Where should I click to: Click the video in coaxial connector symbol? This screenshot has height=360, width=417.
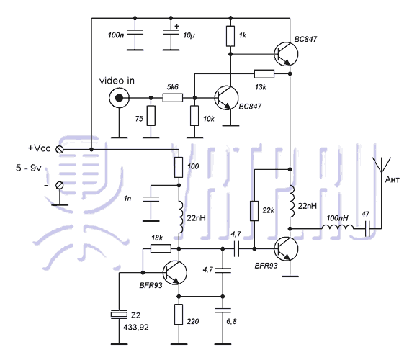point(119,98)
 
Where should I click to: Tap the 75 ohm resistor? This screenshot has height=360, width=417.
point(151,116)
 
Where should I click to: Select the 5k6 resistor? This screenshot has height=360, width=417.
point(173,98)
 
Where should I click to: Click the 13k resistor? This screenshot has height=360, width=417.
point(264,74)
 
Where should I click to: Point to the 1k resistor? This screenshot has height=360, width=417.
point(230,36)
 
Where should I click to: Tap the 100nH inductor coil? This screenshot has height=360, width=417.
point(338,228)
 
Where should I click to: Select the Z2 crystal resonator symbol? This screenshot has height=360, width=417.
point(119,315)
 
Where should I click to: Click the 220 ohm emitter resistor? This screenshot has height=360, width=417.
point(179,314)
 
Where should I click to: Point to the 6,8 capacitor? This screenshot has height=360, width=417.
point(223,310)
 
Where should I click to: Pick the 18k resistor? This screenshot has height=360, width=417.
point(161,248)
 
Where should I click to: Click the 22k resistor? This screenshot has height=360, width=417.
point(254,211)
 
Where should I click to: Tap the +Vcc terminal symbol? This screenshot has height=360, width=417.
point(59,150)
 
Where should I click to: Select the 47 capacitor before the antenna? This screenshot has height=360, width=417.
point(367,228)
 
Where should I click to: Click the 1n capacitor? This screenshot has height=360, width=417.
point(151,199)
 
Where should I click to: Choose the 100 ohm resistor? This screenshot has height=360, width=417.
point(179,167)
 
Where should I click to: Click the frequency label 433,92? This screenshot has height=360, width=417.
point(136,328)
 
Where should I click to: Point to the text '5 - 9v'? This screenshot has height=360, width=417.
point(29,168)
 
